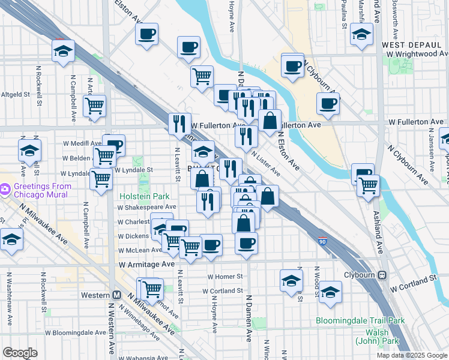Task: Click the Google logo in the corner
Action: point(20,353)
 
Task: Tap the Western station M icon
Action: point(117,295)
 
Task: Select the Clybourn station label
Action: point(361,275)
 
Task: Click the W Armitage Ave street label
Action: point(146,264)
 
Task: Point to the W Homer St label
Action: point(224,277)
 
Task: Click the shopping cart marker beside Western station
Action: point(152,290)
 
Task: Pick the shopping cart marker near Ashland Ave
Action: point(367,185)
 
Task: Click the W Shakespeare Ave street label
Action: point(147,207)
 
